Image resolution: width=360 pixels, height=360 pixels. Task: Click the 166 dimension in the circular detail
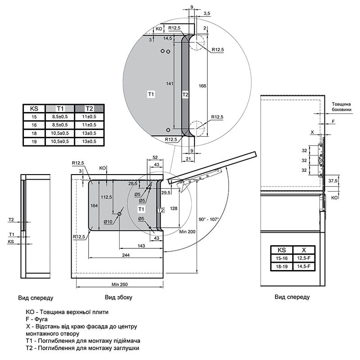pyautogui.click(x=202, y=86)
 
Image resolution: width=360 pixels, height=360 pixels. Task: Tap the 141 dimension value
pyautogui.click(x=170, y=84)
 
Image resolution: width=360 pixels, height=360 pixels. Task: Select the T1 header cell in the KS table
pyautogui.click(x=60, y=108)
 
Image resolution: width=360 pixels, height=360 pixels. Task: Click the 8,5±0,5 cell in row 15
pyautogui.click(x=60, y=117)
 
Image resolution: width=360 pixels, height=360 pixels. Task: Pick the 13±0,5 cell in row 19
pyautogui.click(x=89, y=141)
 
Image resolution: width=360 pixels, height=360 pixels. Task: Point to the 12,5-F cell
pyautogui.click(x=304, y=258)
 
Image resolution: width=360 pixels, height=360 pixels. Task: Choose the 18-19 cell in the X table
pyautogui.click(x=282, y=266)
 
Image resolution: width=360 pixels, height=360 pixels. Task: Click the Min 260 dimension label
pyautogui.click(x=120, y=284)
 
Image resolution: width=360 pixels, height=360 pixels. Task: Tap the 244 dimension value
pyautogui.click(x=126, y=255)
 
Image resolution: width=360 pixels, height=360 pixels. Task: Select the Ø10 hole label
pyautogui.click(x=108, y=221)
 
